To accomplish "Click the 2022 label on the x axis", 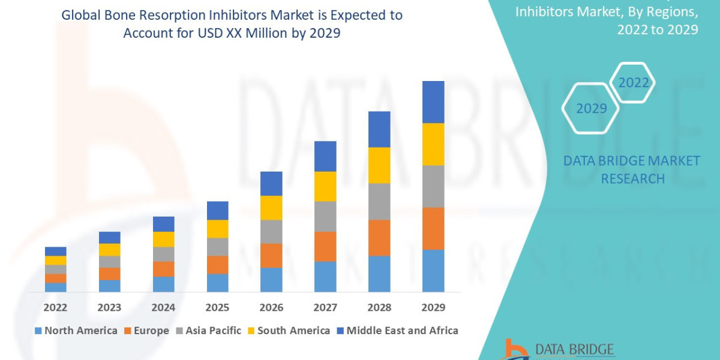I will (55, 308).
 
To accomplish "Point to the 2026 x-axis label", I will (271, 308).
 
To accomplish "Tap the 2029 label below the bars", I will (433, 308).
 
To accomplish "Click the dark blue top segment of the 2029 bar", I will (433, 102).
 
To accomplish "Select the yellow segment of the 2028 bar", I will (379, 165).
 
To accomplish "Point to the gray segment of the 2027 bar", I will (325, 216).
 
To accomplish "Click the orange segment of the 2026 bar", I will (271, 256).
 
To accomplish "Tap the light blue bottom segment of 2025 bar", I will (217, 283).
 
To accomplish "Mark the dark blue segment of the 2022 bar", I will (55, 251).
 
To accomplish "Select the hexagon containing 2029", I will (590, 109).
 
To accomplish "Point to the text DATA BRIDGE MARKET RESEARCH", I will (632, 169).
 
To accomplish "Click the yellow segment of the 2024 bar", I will (163, 239).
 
